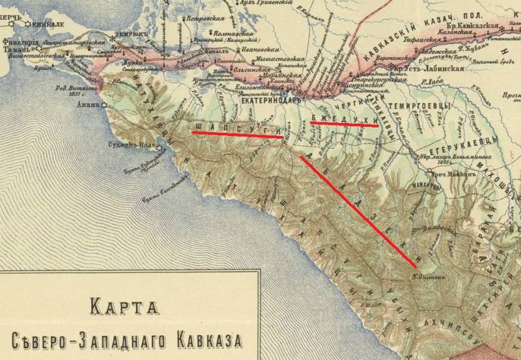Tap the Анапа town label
point(88,103)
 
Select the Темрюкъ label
point(126,33)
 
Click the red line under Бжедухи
point(345,124)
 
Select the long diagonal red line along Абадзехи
point(358,212)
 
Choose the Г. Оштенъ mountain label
point(427,273)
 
